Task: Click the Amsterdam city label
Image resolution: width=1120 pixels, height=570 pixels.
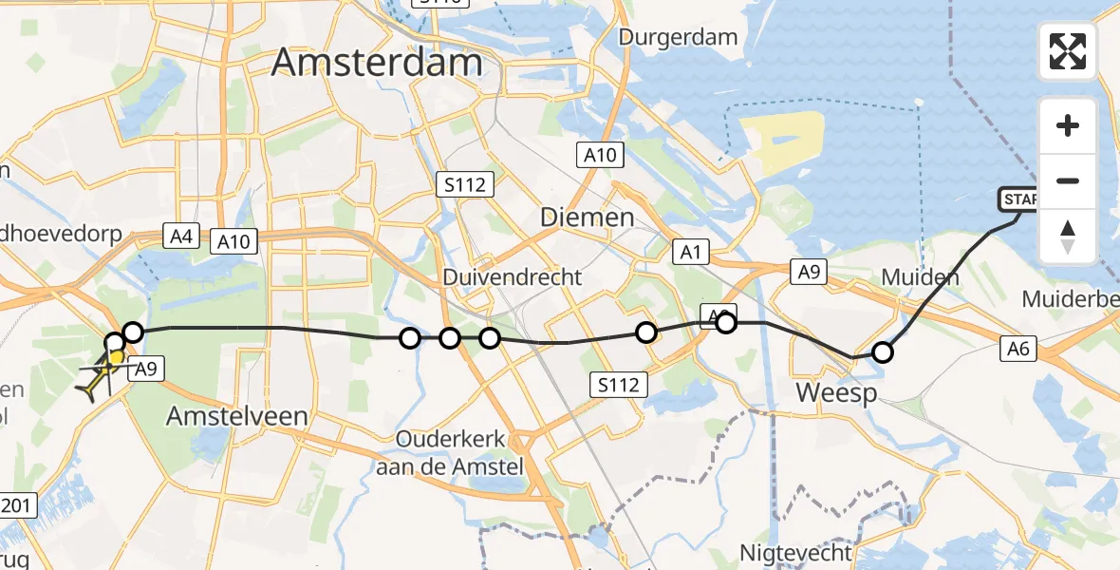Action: coord(377,63)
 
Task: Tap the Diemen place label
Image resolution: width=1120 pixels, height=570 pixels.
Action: coord(587,218)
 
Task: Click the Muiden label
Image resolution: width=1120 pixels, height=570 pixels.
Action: coord(920,278)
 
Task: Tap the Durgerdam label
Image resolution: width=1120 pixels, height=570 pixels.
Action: coord(678,38)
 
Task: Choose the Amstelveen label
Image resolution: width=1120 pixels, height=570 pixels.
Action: coord(237,416)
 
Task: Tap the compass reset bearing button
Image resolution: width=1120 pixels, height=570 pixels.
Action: coord(1068,237)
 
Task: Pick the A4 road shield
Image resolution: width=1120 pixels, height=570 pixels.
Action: coord(179,236)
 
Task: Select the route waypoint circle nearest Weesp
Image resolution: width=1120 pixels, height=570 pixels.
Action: coord(883,353)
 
